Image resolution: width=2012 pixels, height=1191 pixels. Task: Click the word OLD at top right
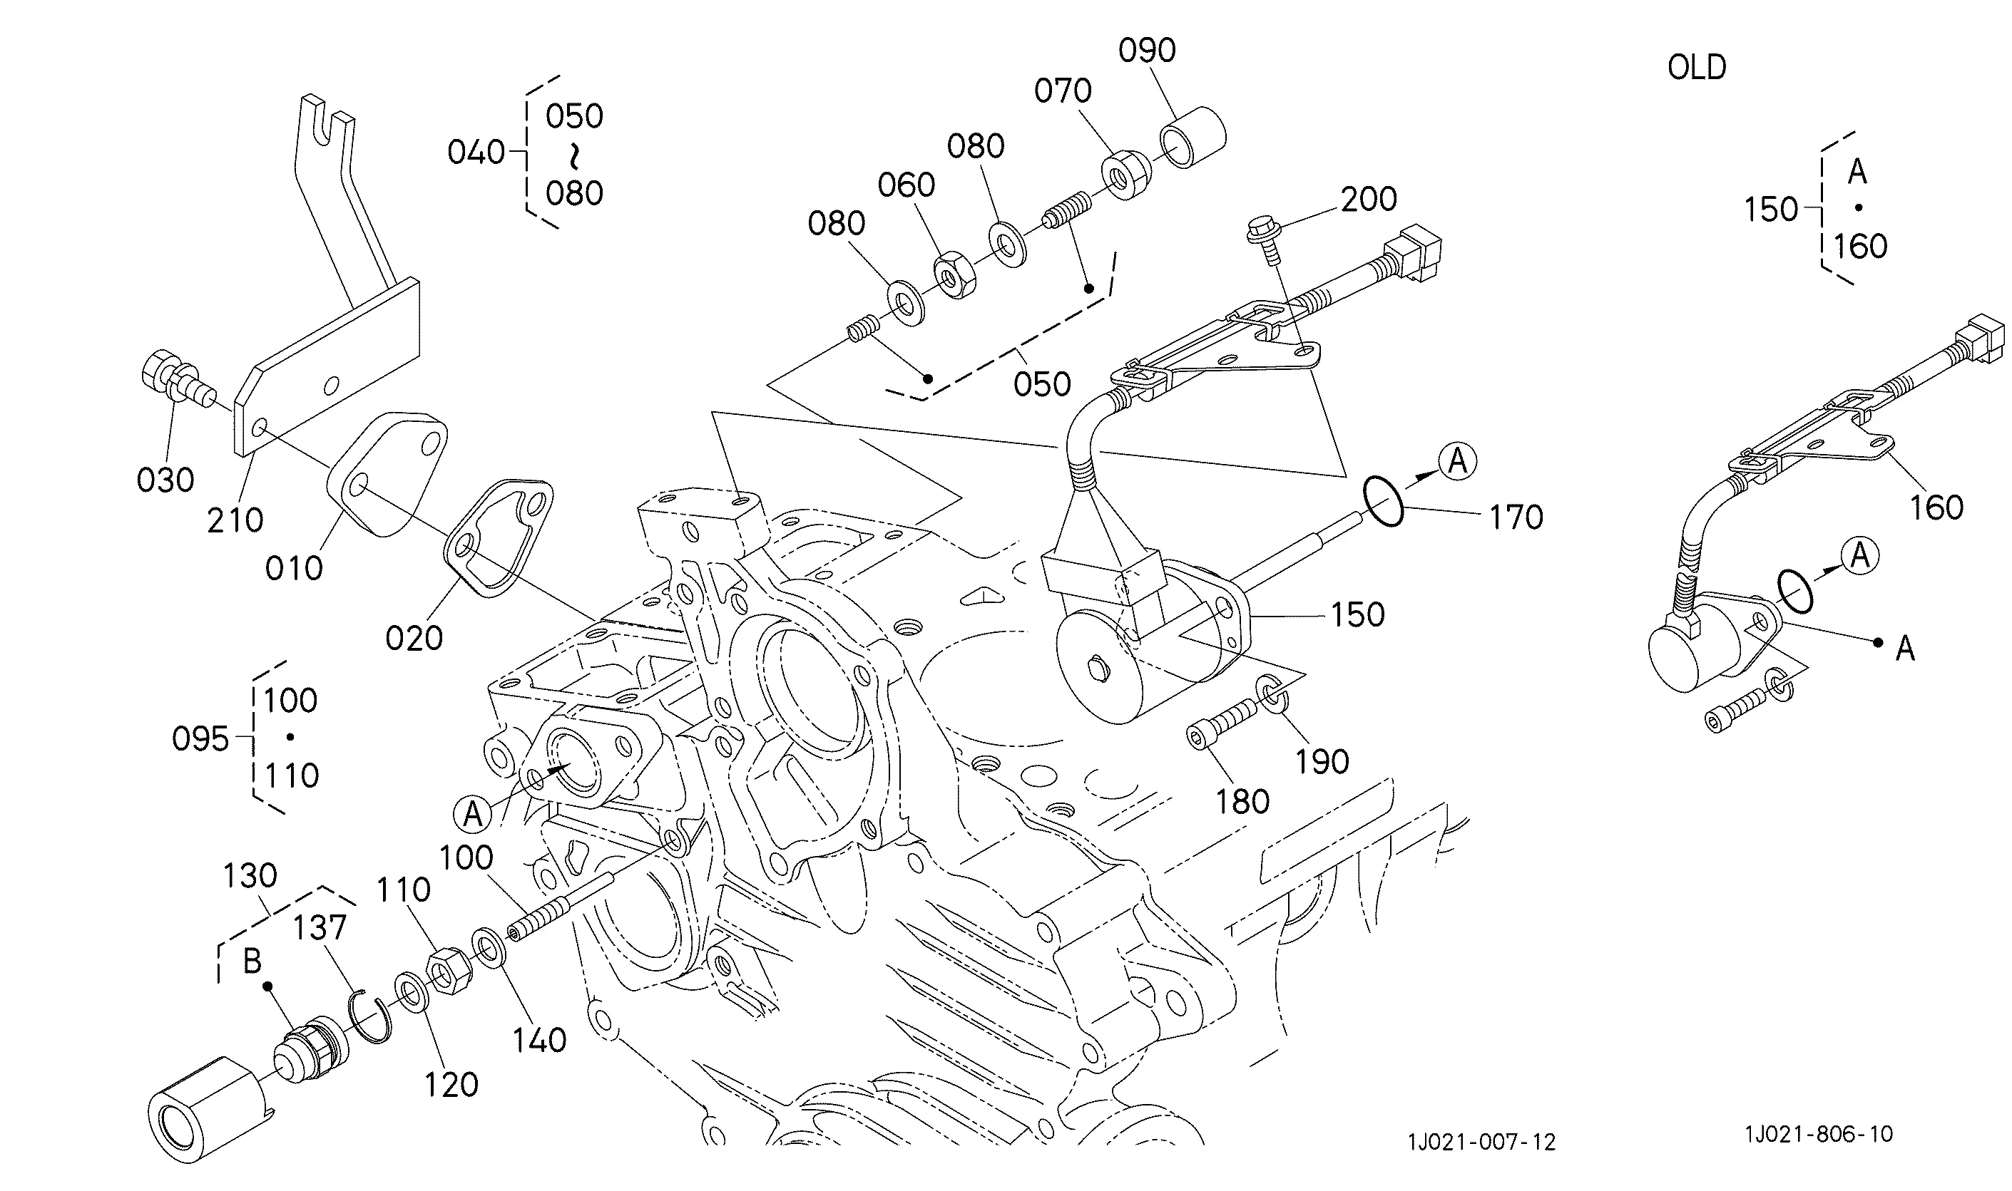point(1697,68)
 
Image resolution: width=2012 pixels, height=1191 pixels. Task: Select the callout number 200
point(1368,199)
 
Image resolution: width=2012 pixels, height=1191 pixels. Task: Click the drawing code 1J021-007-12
point(1481,1142)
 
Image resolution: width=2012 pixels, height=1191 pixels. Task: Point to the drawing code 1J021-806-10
point(1819,1134)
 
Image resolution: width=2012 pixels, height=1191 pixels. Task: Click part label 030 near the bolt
point(165,480)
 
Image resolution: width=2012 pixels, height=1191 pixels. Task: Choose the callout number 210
point(235,521)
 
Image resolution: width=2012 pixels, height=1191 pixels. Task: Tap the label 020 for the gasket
point(414,639)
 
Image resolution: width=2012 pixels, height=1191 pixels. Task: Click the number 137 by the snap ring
point(319,928)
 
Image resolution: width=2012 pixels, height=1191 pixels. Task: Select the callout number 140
point(539,1040)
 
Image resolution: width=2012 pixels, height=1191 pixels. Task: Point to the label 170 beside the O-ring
point(1516,517)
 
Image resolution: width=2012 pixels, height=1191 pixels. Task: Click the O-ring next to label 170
point(1384,501)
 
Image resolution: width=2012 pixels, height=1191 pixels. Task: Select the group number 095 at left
point(200,739)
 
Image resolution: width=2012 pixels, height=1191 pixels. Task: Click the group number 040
point(476,153)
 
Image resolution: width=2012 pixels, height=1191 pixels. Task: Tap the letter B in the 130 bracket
point(252,961)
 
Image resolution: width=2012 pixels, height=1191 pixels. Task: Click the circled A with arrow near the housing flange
point(473,815)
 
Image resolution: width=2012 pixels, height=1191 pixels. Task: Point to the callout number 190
point(1322,762)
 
